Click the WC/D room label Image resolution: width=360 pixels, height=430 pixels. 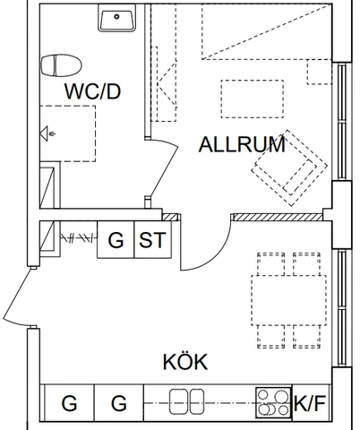[92, 91]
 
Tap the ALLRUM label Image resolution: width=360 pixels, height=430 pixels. [242, 144]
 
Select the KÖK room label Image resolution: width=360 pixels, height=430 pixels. [185, 361]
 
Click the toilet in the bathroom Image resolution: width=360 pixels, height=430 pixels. [61, 65]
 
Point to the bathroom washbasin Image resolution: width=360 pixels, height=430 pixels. [116, 18]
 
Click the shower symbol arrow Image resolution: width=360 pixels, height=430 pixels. [47, 133]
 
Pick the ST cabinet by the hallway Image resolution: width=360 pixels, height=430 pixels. [153, 239]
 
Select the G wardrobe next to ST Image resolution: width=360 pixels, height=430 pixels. [116, 239]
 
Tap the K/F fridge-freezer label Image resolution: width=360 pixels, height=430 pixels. [310, 403]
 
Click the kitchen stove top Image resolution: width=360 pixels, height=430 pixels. [273, 402]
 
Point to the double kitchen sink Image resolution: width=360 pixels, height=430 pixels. [187, 401]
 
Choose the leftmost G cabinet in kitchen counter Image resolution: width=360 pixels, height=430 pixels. [69, 403]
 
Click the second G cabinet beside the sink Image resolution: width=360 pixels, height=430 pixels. [119, 403]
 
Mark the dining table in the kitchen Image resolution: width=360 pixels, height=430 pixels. [288, 300]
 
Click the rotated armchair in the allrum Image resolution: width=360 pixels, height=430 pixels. [289, 168]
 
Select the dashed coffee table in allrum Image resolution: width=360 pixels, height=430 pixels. [253, 99]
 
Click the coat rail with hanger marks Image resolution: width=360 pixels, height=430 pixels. [79, 238]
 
